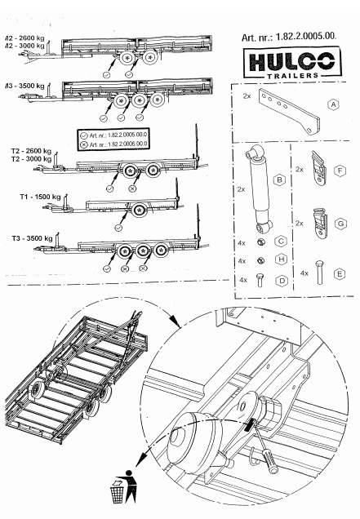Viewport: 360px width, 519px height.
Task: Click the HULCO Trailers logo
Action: (289, 64)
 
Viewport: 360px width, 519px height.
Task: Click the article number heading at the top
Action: (290, 38)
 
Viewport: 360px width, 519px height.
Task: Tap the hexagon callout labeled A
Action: (334, 104)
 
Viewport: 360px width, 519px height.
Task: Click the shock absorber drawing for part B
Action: (260, 193)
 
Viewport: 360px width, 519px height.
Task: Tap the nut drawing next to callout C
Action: (260, 242)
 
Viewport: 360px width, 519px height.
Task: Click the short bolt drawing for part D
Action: (260, 280)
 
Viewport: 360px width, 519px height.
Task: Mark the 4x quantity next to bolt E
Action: (304, 271)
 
